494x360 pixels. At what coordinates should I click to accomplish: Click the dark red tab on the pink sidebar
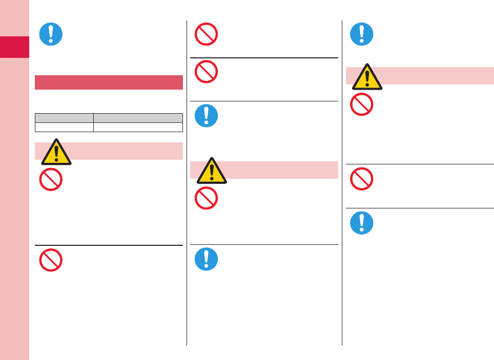[x=14, y=47]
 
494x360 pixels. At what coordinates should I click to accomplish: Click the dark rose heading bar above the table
[x=109, y=82]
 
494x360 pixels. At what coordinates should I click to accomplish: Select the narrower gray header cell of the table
[x=64, y=117]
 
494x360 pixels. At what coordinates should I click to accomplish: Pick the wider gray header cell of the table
[x=138, y=117]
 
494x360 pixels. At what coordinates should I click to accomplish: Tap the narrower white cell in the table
[x=64, y=127]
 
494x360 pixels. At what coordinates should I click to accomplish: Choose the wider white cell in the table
[x=138, y=127]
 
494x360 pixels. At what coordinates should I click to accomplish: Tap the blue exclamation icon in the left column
[x=51, y=34]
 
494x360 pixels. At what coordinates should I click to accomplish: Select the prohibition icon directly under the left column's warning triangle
[x=51, y=180]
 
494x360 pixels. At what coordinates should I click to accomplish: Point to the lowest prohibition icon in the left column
[x=51, y=260]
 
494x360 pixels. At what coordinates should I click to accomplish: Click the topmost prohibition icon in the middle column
[x=206, y=34]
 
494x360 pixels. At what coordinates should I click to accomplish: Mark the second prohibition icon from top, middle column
[x=206, y=72]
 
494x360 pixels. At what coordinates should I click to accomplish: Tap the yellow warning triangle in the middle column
[x=212, y=171]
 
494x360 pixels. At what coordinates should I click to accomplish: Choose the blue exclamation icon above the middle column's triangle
[x=206, y=116]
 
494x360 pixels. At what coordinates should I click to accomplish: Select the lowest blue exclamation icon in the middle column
[x=206, y=259]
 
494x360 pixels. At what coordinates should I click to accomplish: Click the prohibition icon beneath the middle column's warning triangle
[x=206, y=198]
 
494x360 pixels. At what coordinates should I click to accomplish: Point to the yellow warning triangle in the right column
[x=367, y=77]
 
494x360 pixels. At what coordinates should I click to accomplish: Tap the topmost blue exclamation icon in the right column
[x=362, y=34]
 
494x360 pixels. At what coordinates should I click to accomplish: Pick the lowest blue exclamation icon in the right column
[x=362, y=223]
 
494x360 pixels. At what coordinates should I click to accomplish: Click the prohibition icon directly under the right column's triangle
[x=362, y=104]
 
